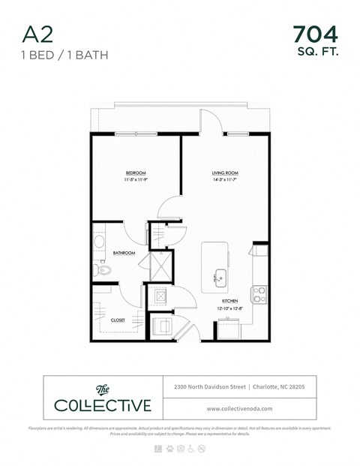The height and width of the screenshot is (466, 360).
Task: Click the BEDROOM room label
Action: point(136,173)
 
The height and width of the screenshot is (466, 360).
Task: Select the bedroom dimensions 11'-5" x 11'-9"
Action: point(136,180)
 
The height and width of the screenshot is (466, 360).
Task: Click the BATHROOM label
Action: point(124,254)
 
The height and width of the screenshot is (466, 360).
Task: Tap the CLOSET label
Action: point(118,320)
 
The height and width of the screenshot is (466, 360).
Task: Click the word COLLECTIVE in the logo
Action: point(102,406)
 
